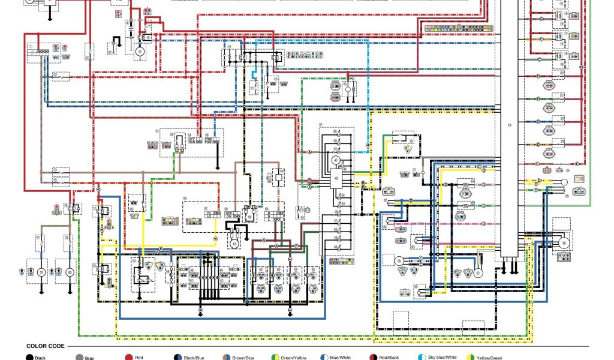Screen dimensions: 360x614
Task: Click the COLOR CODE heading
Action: coord(46,346)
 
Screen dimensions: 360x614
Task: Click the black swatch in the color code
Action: coord(29,358)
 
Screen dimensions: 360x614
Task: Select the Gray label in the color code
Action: coord(89,358)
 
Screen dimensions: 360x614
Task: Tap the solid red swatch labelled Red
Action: coord(128,358)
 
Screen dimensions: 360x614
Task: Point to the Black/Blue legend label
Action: coord(194,358)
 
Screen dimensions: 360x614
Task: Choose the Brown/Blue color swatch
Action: coord(226,358)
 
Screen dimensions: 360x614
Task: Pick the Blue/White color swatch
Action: coord(324,358)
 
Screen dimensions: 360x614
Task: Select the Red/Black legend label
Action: coord(389,358)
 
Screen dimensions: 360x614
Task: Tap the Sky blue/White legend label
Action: coord(442,358)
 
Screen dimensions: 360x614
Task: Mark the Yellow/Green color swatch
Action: coord(471,358)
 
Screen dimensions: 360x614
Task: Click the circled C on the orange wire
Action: coord(541,40)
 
